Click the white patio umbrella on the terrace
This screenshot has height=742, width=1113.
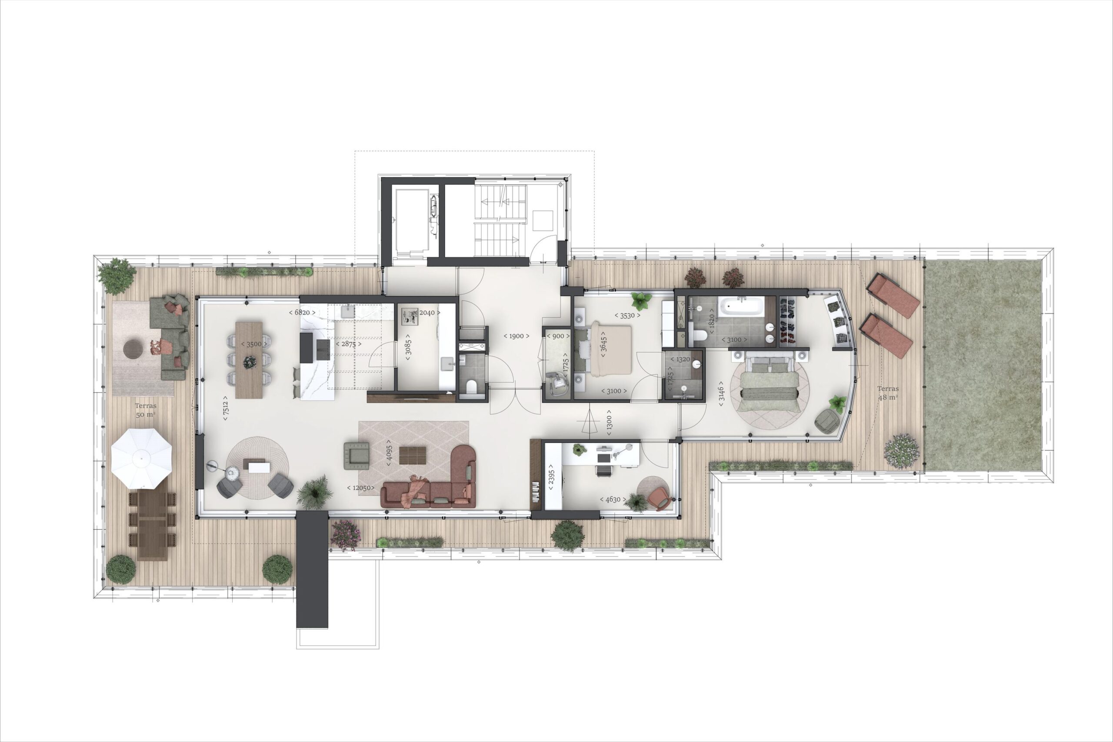click(x=141, y=459)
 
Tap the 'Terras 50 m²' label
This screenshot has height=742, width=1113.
click(x=145, y=410)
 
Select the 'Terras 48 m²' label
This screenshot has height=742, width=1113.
click(x=888, y=393)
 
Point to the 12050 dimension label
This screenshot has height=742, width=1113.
click(x=361, y=487)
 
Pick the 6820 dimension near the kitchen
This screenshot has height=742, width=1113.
click(x=302, y=313)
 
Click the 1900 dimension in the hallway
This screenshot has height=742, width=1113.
click(x=516, y=336)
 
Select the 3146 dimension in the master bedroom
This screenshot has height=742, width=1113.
click(x=721, y=393)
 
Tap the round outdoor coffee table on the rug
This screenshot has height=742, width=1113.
click(x=133, y=349)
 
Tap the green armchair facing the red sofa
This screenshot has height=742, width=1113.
click(x=357, y=455)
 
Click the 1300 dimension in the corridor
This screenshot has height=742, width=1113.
click(x=609, y=422)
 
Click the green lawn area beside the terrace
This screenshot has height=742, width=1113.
click(x=983, y=364)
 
